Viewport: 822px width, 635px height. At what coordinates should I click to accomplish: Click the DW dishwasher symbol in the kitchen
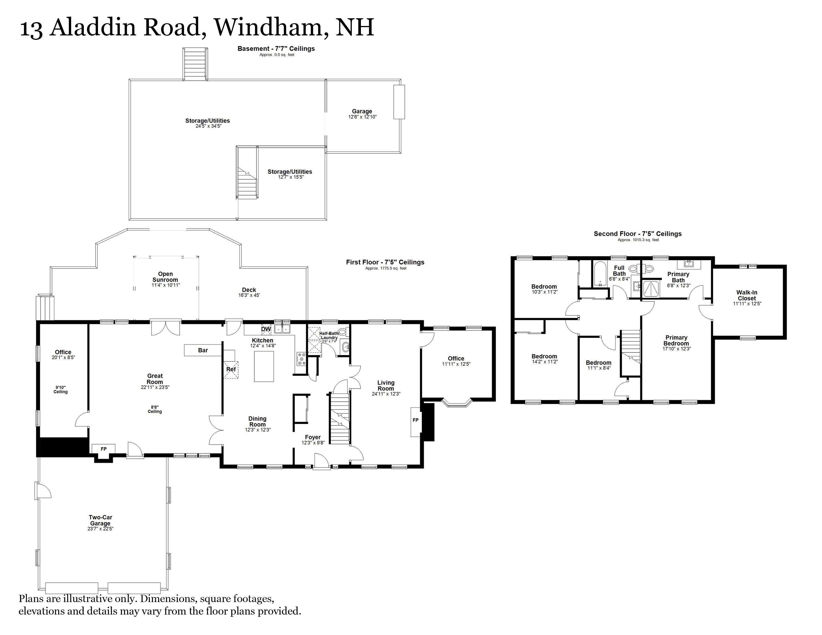click(266, 329)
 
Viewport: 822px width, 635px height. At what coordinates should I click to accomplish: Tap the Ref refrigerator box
click(231, 369)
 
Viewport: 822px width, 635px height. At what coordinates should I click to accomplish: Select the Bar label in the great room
click(203, 350)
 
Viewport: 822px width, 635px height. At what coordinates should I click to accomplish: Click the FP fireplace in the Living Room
click(415, 420)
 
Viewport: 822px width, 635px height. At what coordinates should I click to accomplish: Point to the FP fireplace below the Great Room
click(104, 449)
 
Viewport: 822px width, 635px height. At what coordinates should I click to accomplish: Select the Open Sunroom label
click(165, 277)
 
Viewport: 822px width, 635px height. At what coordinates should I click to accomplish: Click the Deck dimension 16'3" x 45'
click(249, 295)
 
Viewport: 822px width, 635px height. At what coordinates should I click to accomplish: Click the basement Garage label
click(362, 111)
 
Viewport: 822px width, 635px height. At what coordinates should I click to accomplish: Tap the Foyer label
click(312, 437)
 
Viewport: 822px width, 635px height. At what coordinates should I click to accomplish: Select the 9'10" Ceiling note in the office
click(60, 389)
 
